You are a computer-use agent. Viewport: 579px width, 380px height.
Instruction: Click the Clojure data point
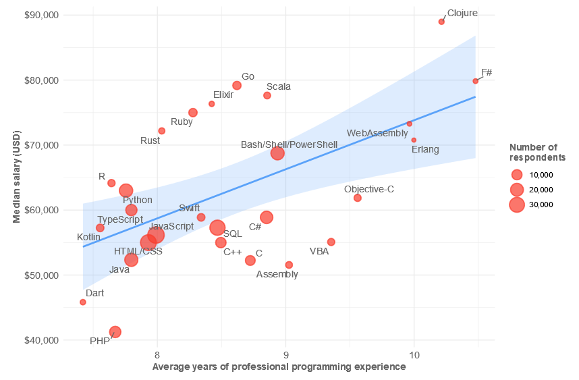[441, 22]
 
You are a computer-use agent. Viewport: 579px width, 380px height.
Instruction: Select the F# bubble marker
[476, 81]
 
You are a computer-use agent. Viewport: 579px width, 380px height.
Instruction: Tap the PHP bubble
[115, 331]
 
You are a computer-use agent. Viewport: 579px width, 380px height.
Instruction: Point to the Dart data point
[83, 302]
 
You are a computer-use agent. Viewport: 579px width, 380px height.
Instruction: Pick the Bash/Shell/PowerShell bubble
[277, 153]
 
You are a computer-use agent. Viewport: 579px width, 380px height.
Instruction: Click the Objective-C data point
[358, 198]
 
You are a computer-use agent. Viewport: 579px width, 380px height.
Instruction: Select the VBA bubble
[331, 242]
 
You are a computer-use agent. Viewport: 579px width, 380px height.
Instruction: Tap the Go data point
[237, 85]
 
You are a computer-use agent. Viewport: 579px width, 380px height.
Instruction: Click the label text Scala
[279, 87]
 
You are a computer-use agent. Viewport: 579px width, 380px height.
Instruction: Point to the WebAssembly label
[377, 134]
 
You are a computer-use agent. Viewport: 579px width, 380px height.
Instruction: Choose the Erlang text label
[425, 149]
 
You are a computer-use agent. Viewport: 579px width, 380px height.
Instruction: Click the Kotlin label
[88, 238]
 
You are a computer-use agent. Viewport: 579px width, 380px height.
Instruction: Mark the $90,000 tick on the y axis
[40, 15]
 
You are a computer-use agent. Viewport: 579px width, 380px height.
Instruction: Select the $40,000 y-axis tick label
[40, 340]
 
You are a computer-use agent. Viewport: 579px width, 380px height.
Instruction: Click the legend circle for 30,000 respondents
[516, 205]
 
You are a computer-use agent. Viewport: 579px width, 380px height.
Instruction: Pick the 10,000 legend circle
[516, 175]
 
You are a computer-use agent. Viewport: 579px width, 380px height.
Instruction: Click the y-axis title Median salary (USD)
[17, 177]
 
